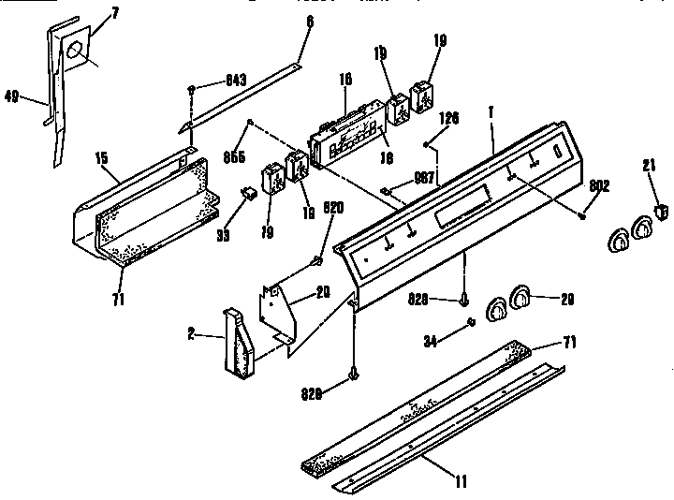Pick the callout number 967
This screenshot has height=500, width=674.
pyautogui.click(x=424, y=178)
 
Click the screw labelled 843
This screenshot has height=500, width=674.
pyautogui.click(x=193, y=88)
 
